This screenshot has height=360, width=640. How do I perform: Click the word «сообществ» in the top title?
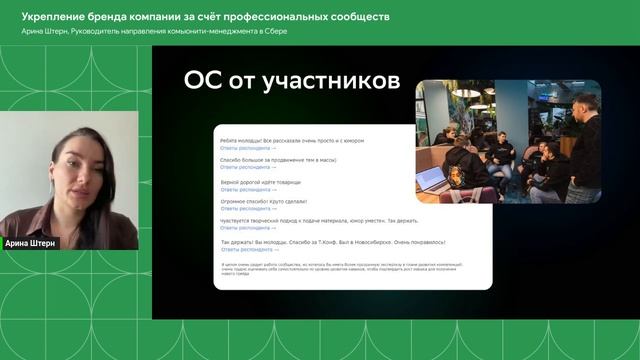[355, 17]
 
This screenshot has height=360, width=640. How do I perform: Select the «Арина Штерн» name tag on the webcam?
[31, 242]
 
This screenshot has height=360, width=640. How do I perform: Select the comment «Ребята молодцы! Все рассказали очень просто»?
[291, 141]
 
